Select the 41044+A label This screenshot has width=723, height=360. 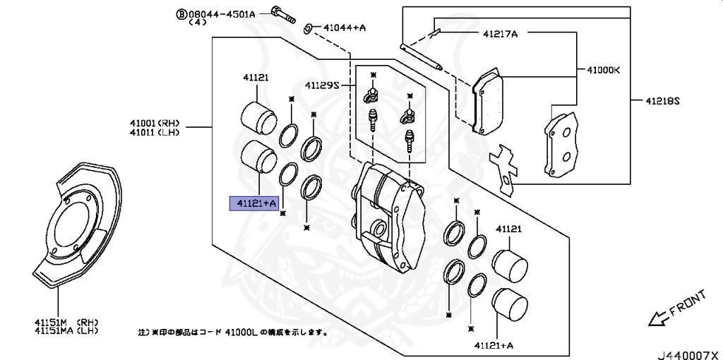click(345, 28)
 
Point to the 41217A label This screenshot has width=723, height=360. click(501, 33)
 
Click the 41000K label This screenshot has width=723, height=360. click(604, 71)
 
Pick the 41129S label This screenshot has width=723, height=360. click(322, 85)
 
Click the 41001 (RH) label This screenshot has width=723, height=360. click(155, 124)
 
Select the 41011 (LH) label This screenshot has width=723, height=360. click(155, 132)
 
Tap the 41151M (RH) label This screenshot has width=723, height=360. click(66, 322)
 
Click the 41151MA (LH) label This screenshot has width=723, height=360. click(66, 330)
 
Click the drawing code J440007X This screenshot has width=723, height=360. click(689, 355)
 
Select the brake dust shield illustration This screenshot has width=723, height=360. click(77, 224)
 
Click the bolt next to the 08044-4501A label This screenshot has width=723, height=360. click(283, 16)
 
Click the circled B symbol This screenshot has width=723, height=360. click(181, 15)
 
